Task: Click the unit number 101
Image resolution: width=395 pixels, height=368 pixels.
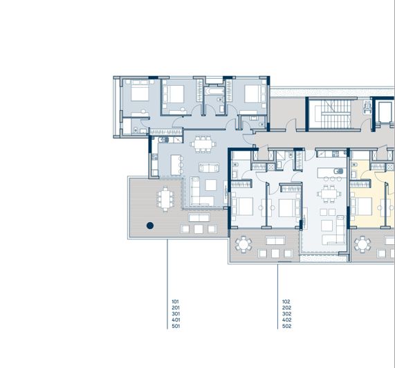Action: click(175, 302)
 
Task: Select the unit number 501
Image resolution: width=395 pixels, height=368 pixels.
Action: click(175, 326)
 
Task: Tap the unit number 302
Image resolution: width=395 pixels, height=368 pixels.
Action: click(286, 314)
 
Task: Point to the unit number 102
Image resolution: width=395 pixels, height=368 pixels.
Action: click(286, 302)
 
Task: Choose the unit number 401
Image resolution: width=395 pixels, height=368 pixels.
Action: click(175, 320)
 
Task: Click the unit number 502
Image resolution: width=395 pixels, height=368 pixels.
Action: click(286, 326)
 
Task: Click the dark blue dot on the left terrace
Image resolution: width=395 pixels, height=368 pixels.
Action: click(149, 225)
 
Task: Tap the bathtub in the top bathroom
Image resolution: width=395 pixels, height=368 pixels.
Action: click(213, 91)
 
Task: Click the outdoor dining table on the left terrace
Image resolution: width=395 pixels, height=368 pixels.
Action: click(165, 200)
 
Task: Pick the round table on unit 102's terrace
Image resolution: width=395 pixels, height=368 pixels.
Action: click(244, 243)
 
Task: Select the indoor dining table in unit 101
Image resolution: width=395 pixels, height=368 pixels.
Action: click(202, 144)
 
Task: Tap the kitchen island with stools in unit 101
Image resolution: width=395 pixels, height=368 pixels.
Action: click(176, 165)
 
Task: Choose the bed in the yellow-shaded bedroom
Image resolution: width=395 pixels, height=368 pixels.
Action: click(365, 205)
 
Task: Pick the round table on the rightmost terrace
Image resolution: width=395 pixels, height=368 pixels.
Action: click(362, 243)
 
